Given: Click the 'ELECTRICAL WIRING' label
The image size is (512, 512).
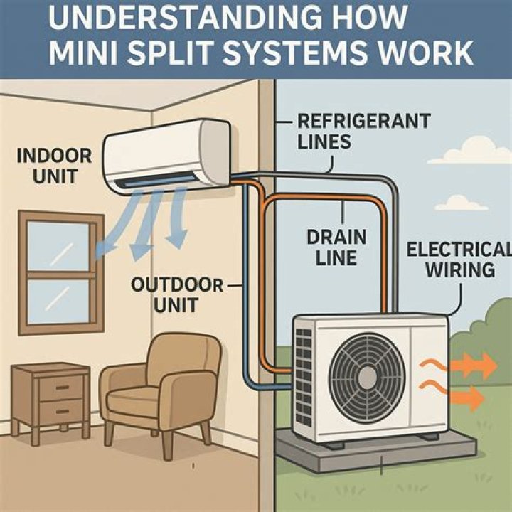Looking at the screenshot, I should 459,260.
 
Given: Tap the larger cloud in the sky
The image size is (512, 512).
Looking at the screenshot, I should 470,151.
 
